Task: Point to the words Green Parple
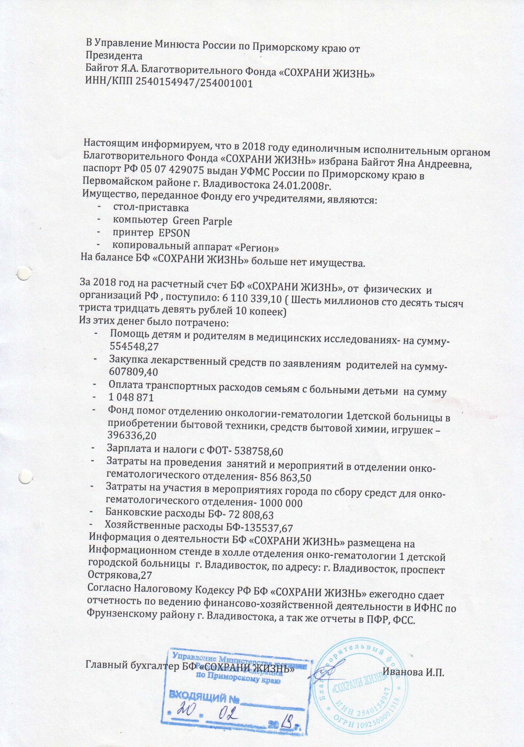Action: (202, 221)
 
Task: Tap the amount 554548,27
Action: (134, 347)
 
